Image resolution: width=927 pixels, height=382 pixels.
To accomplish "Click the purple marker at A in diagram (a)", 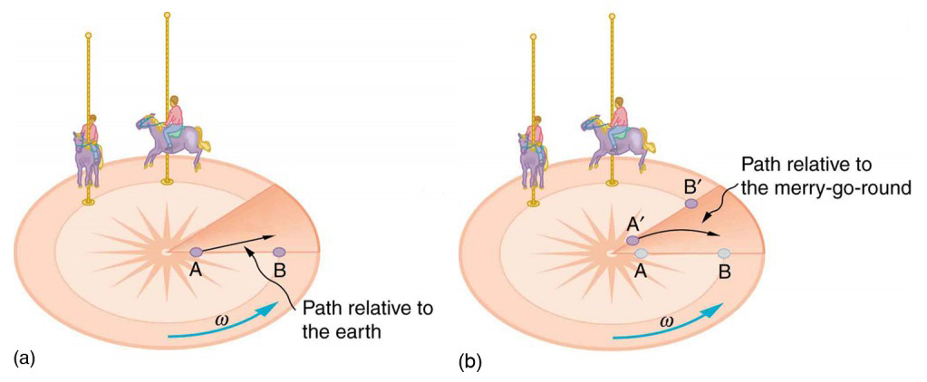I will coord(197,252).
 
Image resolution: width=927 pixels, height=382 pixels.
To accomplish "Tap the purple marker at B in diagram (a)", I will coord(279,252).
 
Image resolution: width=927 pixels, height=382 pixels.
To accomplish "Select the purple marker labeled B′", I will coord(691,205).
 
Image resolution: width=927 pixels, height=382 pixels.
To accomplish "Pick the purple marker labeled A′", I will coord(633,240).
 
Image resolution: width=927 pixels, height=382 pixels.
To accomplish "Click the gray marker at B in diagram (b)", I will coord(724,253).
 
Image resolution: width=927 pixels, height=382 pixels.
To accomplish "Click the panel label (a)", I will coord(25,358).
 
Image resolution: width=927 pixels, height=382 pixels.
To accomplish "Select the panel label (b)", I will coord(470,361).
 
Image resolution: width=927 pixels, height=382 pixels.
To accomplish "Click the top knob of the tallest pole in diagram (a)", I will coord(167,14).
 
